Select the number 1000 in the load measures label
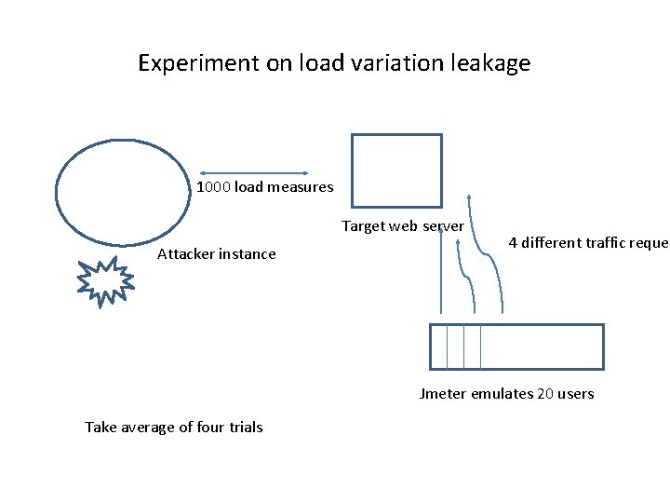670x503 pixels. [213, 187]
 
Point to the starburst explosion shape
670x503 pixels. [104, 279]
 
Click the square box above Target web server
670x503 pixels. [396, 170]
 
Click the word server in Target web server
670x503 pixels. [443, 226]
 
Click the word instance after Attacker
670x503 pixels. [249, 254]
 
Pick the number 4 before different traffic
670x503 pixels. [513, 243]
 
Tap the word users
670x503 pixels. [576, 394]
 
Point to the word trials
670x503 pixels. [243, 428]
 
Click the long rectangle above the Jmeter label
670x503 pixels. [516, 347]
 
